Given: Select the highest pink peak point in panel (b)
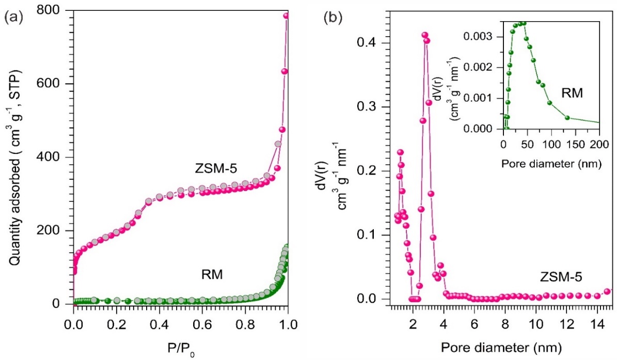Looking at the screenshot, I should pos(424,35).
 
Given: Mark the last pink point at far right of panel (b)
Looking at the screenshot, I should pos(607,291).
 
